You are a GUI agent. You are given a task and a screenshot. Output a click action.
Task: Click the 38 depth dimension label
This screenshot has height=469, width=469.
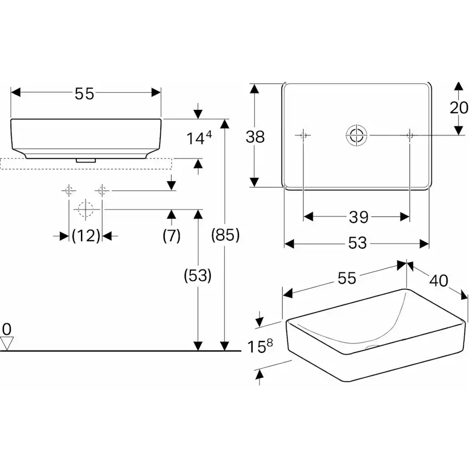tap(255, 137)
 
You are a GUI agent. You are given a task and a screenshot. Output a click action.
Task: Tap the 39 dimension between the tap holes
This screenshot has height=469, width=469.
tap(359, 217)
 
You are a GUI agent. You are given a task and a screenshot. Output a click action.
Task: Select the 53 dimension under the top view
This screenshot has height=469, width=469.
tap(357, 242)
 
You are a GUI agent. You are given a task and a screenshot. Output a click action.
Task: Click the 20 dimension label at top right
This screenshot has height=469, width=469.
tap(459, 108)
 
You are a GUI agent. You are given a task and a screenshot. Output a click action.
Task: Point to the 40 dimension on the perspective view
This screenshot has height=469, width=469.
tap(439, 280)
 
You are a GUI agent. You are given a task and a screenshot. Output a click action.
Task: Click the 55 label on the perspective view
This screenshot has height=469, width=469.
tap(347, 278)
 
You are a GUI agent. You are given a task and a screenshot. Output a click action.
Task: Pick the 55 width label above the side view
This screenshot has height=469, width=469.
tap(84, 93)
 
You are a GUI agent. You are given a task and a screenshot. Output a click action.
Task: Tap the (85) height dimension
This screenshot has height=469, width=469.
tap(225, 235)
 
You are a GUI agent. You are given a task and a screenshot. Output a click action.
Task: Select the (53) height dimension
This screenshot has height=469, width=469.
tap(198, 275)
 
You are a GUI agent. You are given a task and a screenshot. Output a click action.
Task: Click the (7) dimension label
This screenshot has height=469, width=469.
tap(172, 236)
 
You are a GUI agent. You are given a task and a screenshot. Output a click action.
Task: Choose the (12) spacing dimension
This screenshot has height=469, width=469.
tap(86, 236)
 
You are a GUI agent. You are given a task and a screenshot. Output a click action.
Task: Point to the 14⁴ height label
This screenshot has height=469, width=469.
tap(199, 138)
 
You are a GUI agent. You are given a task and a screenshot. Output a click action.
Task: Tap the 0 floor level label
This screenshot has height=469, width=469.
tap(7, 329)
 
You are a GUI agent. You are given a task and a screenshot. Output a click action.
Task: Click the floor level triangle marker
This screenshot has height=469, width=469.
tap(7, 343)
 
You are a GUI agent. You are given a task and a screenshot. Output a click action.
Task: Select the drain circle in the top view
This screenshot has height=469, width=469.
tap(356, 135)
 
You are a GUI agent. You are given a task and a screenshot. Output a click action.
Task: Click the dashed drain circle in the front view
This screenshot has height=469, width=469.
tap(86, 209)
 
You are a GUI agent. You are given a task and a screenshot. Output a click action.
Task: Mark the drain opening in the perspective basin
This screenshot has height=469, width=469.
tap(372, 347)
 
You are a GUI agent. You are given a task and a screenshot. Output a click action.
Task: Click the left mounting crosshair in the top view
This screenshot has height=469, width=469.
tap(303, 135)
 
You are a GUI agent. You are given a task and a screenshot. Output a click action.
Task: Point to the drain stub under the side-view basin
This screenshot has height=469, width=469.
tap(86, 160)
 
